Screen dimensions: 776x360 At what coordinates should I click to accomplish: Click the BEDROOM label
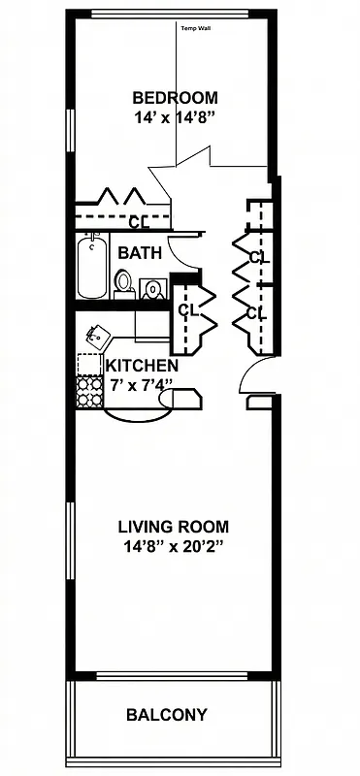pos(175,97)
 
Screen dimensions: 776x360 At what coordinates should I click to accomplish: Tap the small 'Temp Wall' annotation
pos(195,28)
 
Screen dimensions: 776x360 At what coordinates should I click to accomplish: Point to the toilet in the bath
pos(123,282)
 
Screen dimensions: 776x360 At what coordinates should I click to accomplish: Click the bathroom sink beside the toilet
pos(151,288)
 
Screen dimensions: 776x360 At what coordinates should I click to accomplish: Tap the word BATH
pos(139,252)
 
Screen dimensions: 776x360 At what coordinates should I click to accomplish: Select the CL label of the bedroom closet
pos(138,221)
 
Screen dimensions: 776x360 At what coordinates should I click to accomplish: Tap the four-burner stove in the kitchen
pos(89,390)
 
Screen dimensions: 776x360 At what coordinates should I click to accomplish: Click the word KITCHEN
pos(142,367)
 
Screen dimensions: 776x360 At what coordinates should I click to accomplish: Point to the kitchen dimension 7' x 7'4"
pos(140,384)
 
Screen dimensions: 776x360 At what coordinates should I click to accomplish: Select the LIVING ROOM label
pos(175,528)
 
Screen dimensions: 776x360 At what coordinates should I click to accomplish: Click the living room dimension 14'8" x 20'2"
pos(175,547)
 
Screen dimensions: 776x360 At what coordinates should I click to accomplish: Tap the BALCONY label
pos(167,716)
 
